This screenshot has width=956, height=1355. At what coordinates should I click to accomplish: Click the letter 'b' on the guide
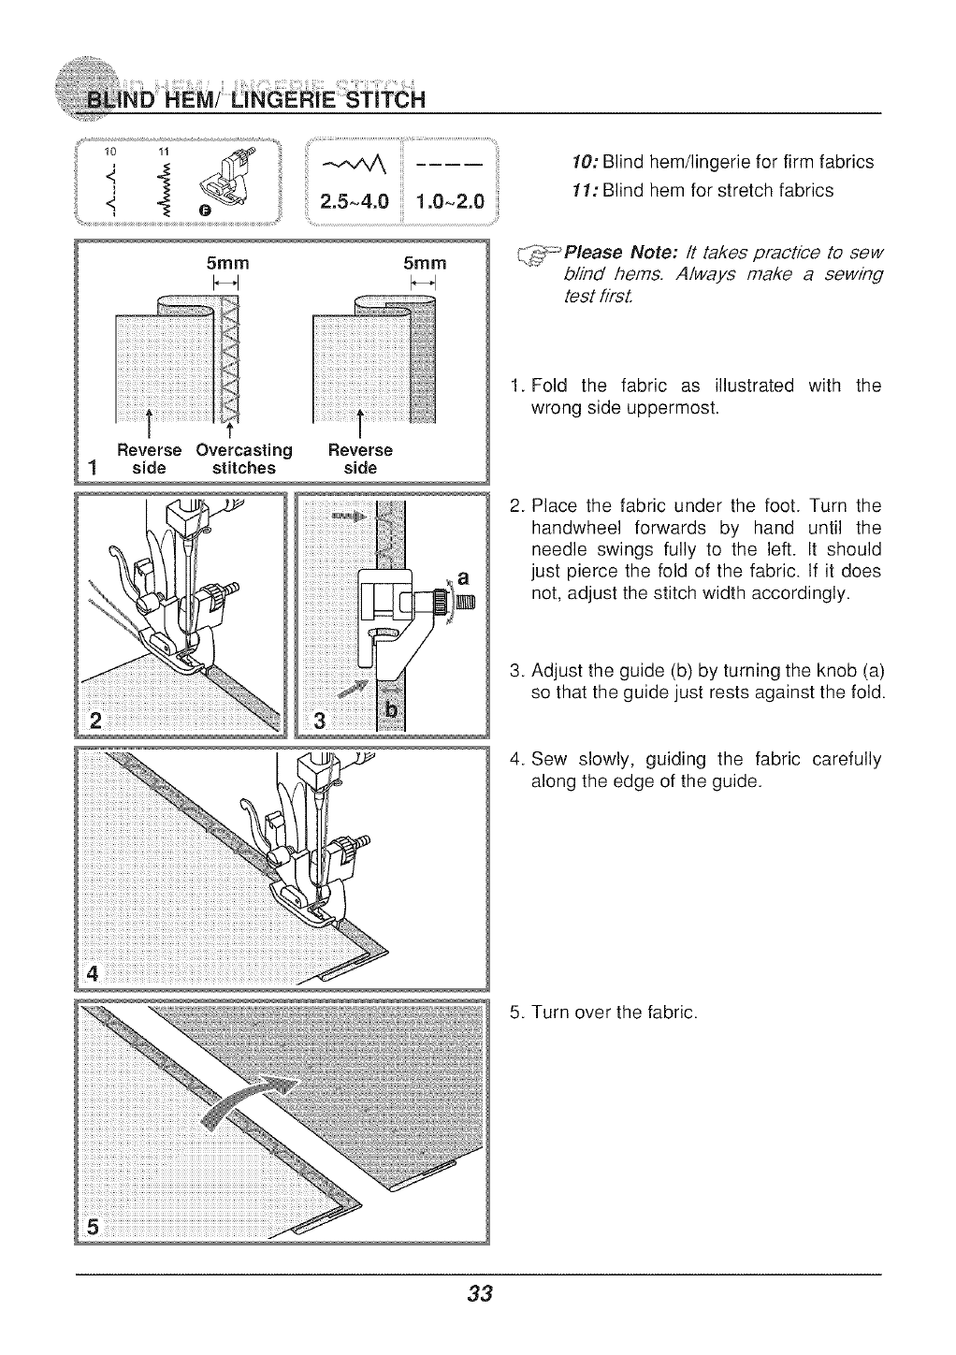pos(392,712)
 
